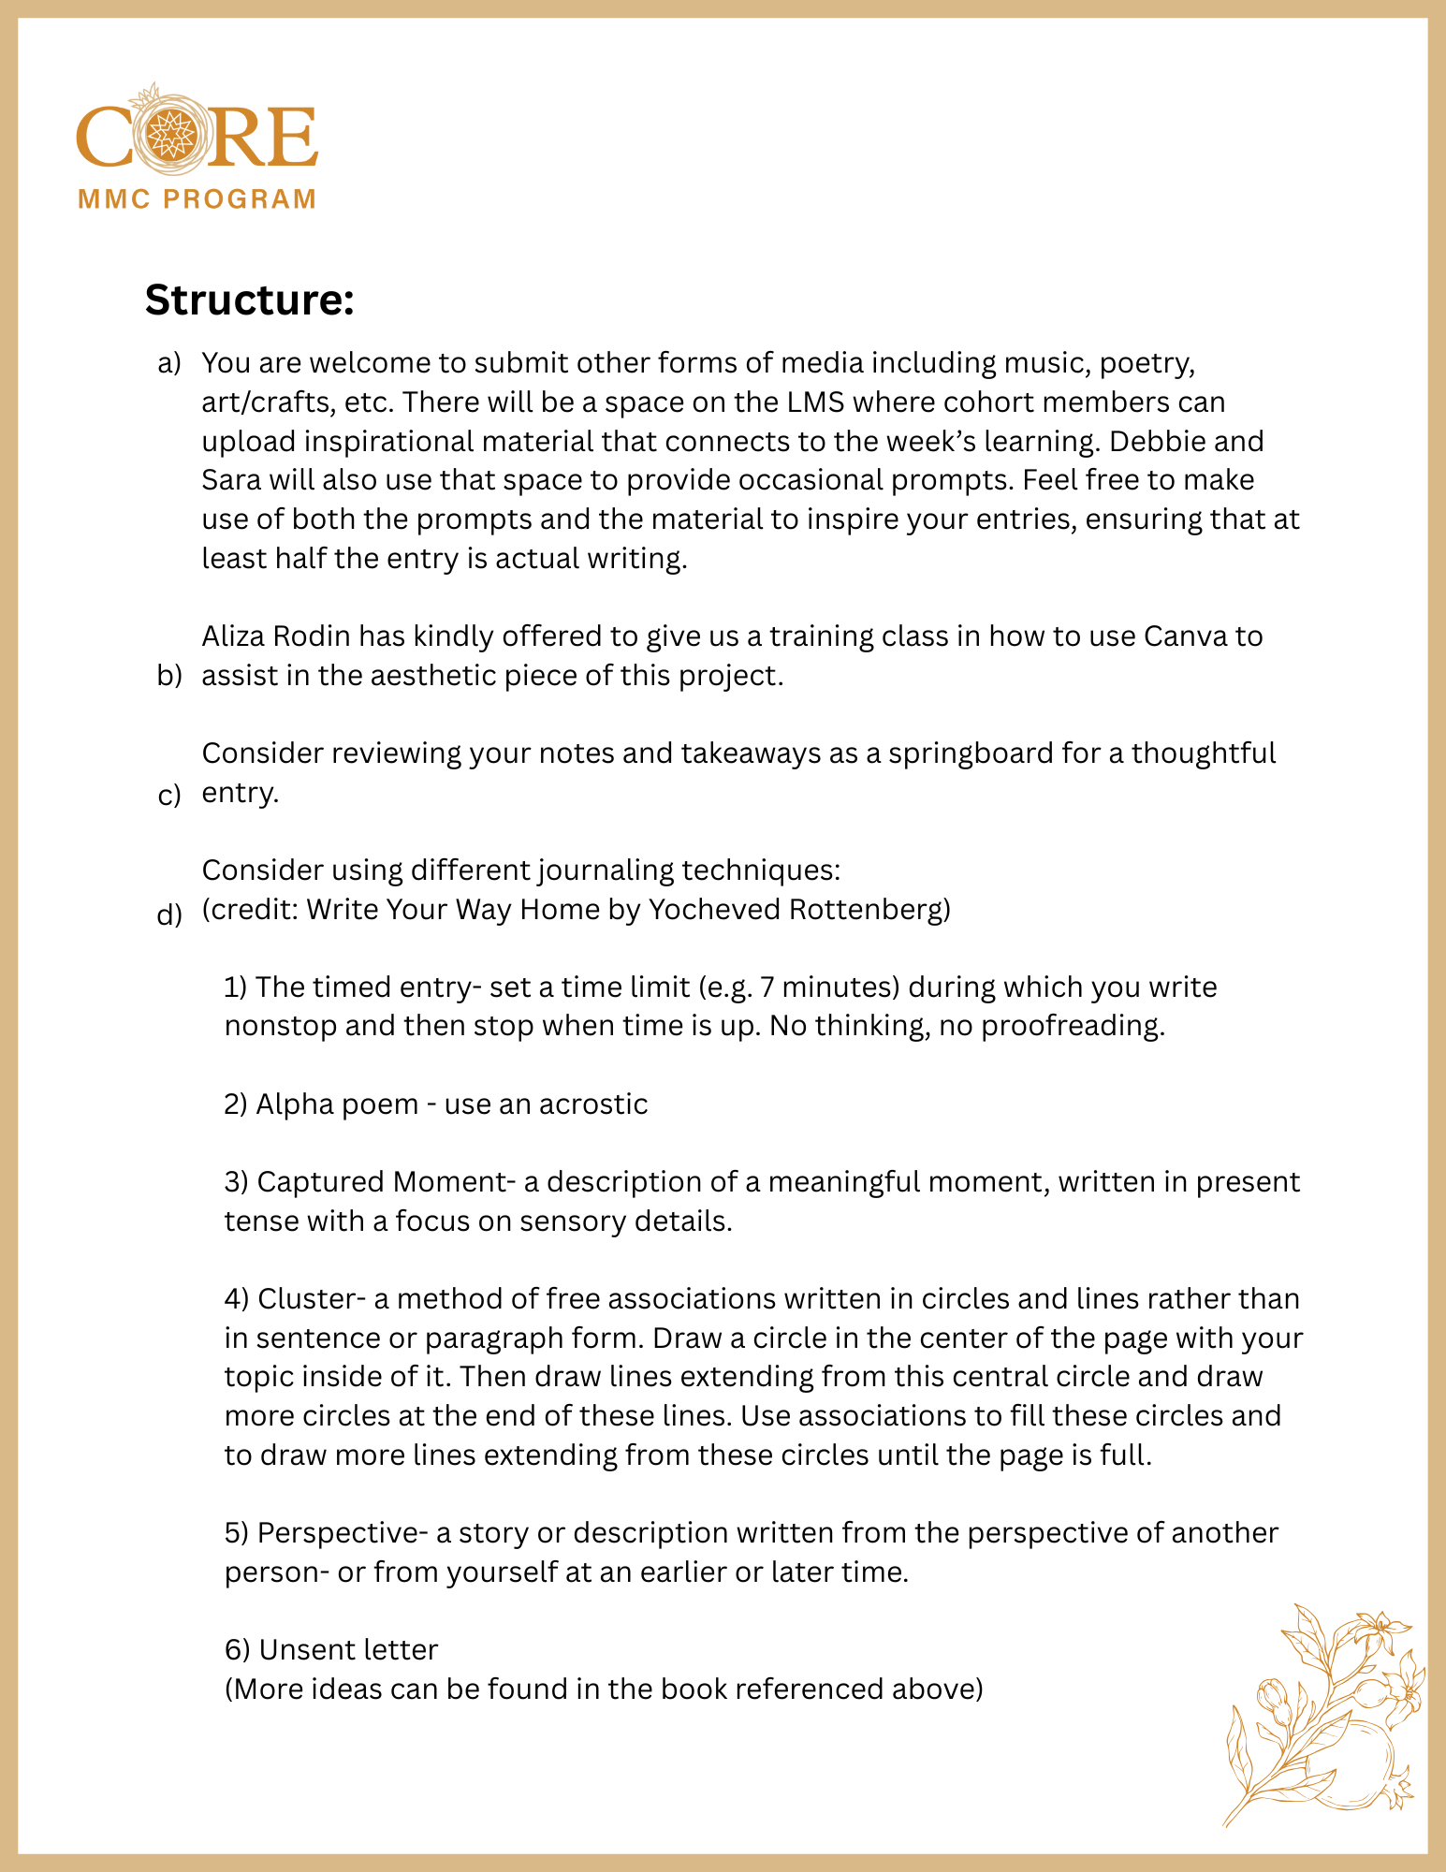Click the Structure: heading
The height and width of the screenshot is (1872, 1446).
[x=249, y=300]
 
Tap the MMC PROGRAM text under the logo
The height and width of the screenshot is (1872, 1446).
[x=197, y=199]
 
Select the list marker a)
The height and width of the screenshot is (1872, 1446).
[x=169, y=363]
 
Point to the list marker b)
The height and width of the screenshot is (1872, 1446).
[x=169, y=677]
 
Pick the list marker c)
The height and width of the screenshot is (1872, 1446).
[x=169, y=796]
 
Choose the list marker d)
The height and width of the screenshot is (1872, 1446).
[x=169, y=914]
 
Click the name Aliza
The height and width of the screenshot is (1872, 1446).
[x=234, y=636]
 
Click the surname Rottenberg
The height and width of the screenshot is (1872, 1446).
[x=869, y=909]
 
